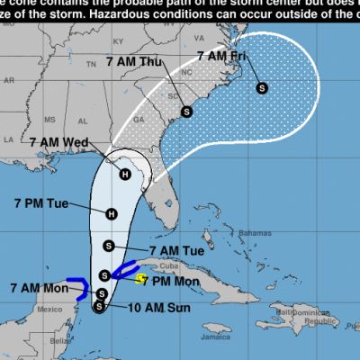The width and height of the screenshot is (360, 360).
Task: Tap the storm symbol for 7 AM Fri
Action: coord(262,87)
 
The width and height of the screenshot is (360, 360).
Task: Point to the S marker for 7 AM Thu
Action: coord(186,112)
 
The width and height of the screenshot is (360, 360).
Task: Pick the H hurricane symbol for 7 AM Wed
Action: coord(124,175)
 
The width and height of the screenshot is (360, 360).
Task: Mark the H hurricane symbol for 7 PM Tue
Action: coord(111,213)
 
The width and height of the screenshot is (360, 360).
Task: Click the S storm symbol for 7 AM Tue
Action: coord(109,246)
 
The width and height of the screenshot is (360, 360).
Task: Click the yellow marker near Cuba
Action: coord(140,280)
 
